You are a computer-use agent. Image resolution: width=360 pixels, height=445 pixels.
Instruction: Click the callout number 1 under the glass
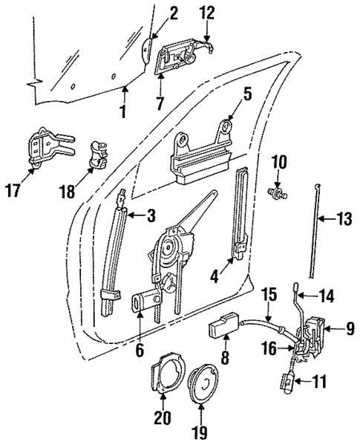(x=123, y=112)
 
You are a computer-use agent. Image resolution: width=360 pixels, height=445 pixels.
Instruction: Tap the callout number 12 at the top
(x=208, y=13)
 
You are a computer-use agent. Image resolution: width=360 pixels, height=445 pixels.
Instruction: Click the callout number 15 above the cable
(x=269, y=293)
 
